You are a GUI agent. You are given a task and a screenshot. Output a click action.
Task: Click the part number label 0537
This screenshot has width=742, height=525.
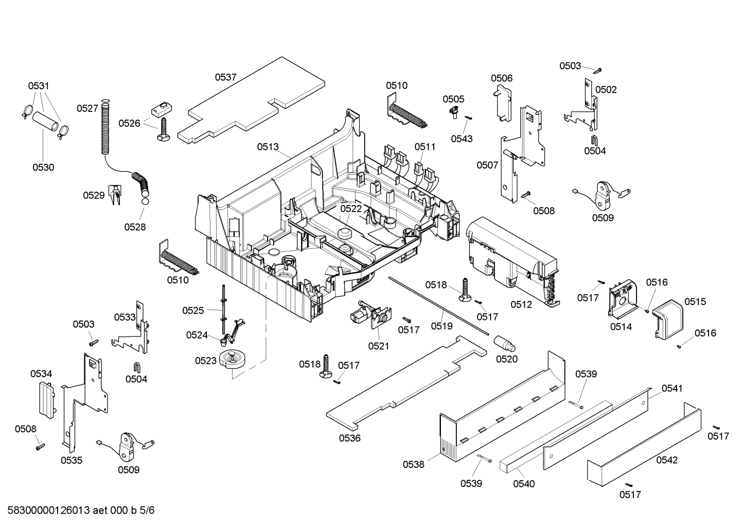pyautogui.click(x=225, y=77)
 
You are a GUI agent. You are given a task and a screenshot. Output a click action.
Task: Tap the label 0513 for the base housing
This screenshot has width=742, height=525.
pyautogui.click(x=268, y=147)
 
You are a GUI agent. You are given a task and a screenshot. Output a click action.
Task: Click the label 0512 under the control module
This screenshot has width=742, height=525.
pyautogui.click(x=521, y=304)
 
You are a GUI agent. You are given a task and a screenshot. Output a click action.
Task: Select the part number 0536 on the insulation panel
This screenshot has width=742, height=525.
pyautogui.click(x=349, y=438)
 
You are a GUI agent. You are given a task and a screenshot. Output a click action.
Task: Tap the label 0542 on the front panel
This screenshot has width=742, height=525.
pyautogui.click(x=667, y=460)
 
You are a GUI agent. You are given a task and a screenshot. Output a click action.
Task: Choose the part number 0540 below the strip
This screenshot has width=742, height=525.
pyautogui.click(x=524, y=483)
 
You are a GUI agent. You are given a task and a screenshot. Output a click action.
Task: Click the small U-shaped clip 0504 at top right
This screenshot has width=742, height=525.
pyautogui.click(x=594, y=139)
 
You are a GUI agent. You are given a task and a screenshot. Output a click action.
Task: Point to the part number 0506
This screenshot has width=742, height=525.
pyautogui.click(x=501, y=78)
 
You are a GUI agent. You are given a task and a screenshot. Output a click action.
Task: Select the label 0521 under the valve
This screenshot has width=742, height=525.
pyautogui.click(x=379, y=346)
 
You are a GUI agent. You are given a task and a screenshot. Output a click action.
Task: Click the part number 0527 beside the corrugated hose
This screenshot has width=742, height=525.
pyautogui.click(x=87, y=108)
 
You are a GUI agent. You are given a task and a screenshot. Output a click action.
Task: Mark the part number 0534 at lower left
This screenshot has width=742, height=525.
pyautogui.click(x=41, y=374)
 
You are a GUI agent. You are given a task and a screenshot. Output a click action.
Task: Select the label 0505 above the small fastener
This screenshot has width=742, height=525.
pyautogui.click(x=453, y=99)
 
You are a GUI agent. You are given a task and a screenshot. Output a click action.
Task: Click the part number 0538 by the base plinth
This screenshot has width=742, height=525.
pyautogui.click(x=413, y=464)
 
